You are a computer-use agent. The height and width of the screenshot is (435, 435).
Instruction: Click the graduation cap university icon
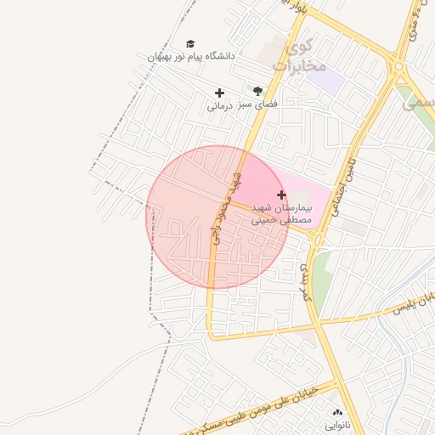190,43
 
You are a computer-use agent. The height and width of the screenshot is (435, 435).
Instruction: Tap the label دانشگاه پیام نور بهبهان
191,56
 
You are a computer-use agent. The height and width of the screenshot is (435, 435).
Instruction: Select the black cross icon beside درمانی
219,93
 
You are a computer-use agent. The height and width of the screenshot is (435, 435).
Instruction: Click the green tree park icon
257,90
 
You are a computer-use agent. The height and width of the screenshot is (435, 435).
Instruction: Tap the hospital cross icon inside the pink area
282,195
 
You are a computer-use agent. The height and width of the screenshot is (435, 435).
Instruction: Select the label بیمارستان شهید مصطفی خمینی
282,213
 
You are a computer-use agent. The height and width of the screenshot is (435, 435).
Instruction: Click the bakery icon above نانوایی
337,411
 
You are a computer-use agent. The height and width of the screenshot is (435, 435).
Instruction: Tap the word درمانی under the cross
219,107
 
